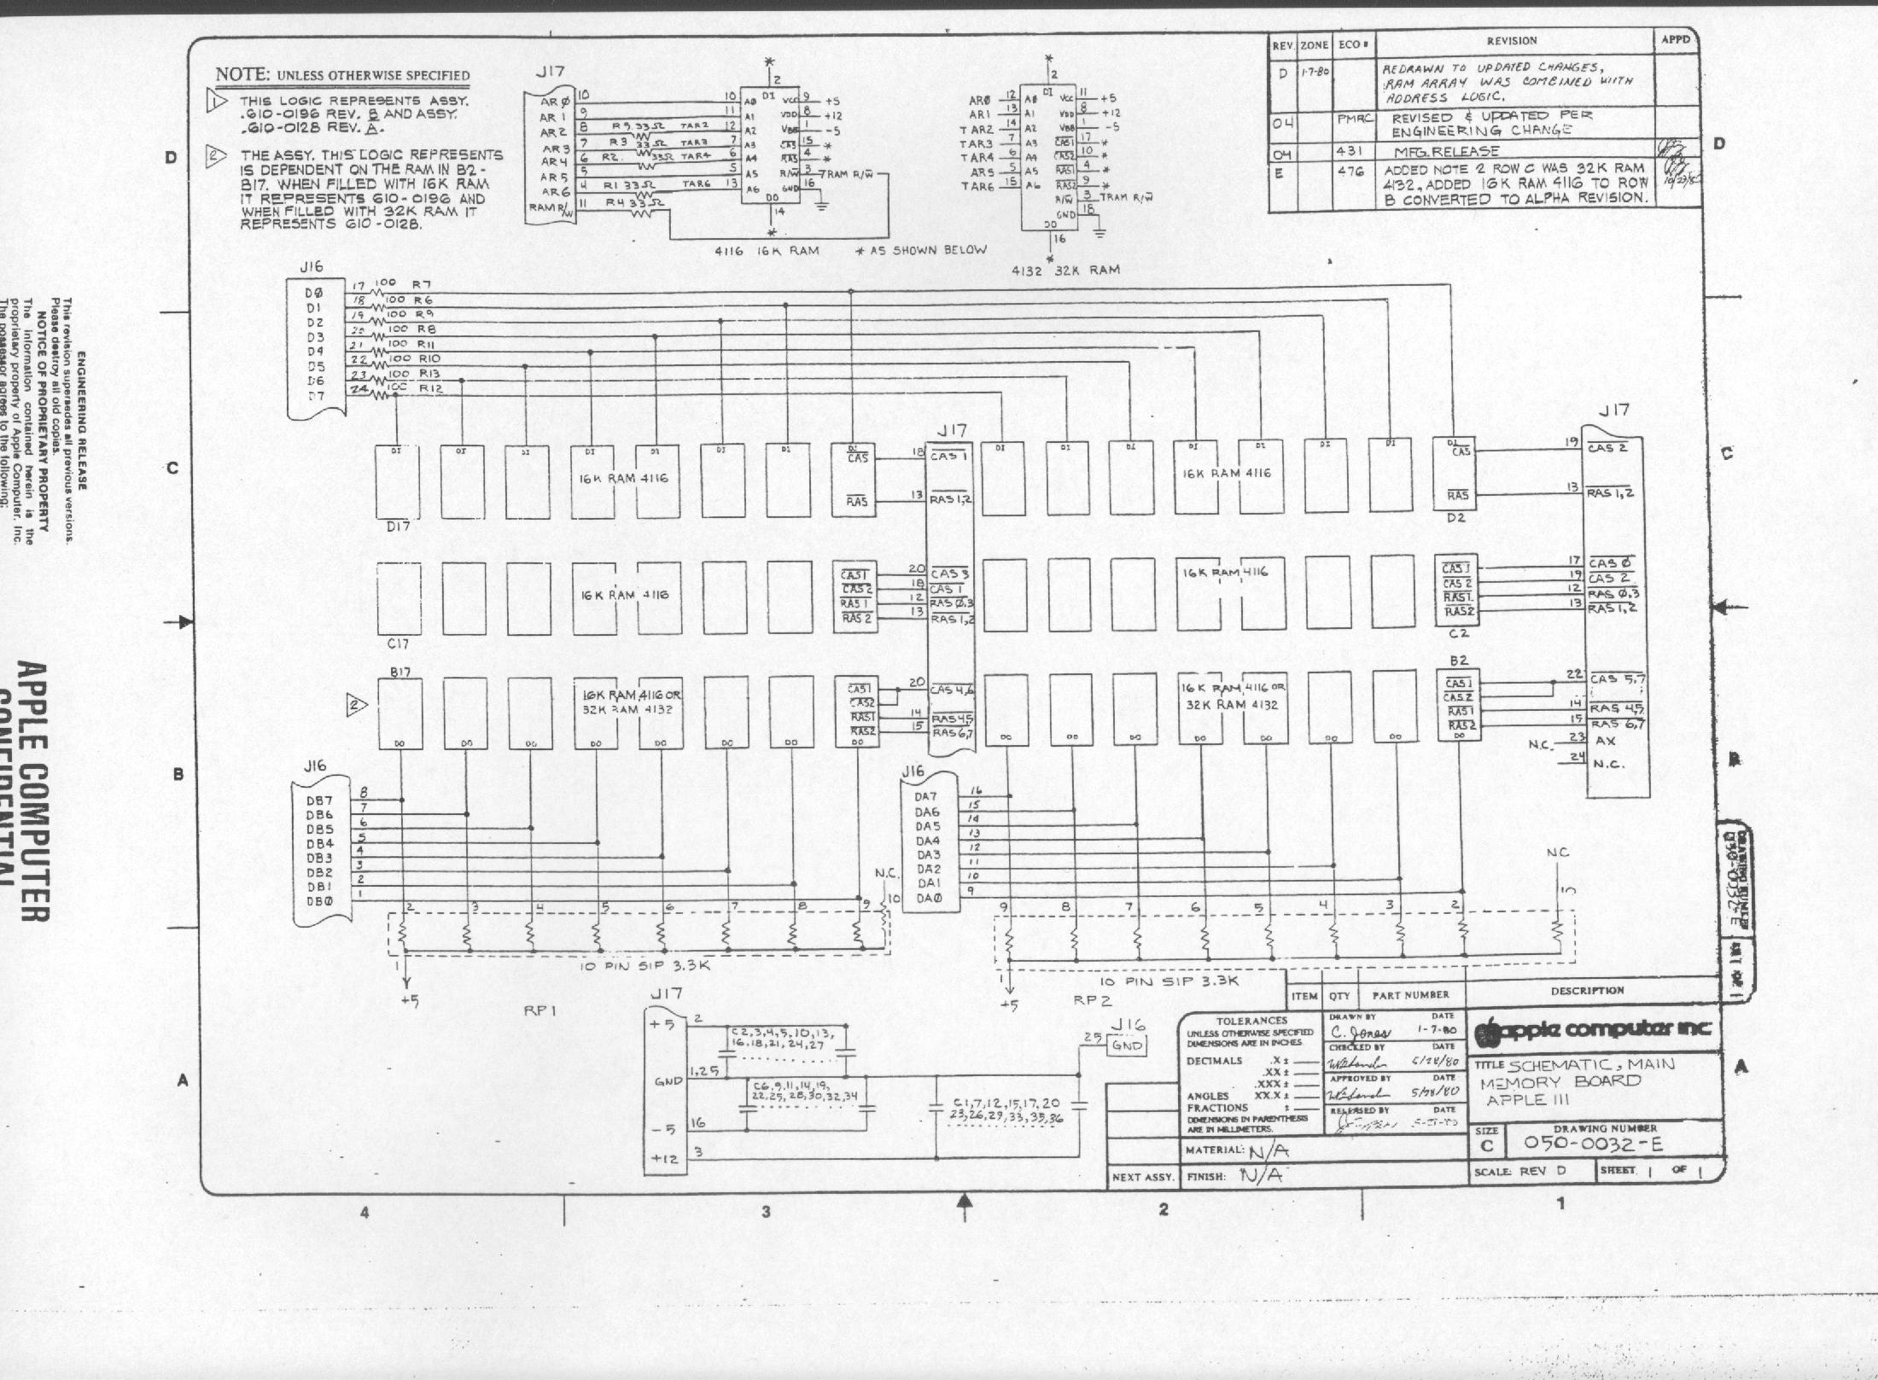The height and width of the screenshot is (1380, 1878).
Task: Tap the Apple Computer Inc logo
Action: coord(1592,1029)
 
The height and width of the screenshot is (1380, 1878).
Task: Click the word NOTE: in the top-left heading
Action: coord(242,74)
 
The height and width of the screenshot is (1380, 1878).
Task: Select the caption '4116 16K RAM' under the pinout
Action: coord(767,251)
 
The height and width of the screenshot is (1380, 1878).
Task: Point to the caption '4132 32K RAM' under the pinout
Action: coord(1065,270)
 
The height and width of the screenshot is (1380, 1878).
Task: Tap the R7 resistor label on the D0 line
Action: coord(422,284)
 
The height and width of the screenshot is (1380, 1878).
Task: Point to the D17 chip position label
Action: coord(398,527)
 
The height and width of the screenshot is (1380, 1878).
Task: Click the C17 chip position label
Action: coord(398,644)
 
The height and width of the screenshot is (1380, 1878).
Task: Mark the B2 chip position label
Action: coord(1458,661)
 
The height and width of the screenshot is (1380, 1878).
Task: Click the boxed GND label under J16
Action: coord(1127,1045)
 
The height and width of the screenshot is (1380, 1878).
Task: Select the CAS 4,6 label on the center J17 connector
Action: coord(950,690)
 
